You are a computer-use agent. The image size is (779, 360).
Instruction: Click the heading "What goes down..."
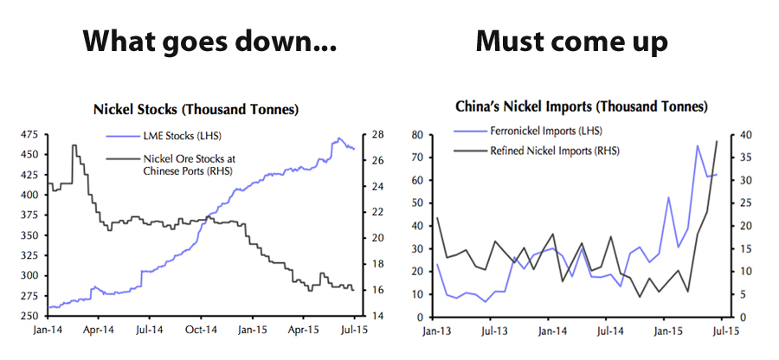209,42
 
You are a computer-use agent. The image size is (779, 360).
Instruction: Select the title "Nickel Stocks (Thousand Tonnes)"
196,110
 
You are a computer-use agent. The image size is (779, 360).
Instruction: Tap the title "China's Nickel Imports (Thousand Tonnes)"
582,107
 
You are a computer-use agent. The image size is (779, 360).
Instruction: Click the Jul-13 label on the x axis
493,331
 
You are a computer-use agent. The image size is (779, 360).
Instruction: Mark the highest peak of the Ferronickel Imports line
698,145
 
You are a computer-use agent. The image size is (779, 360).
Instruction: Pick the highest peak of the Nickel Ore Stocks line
74,145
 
